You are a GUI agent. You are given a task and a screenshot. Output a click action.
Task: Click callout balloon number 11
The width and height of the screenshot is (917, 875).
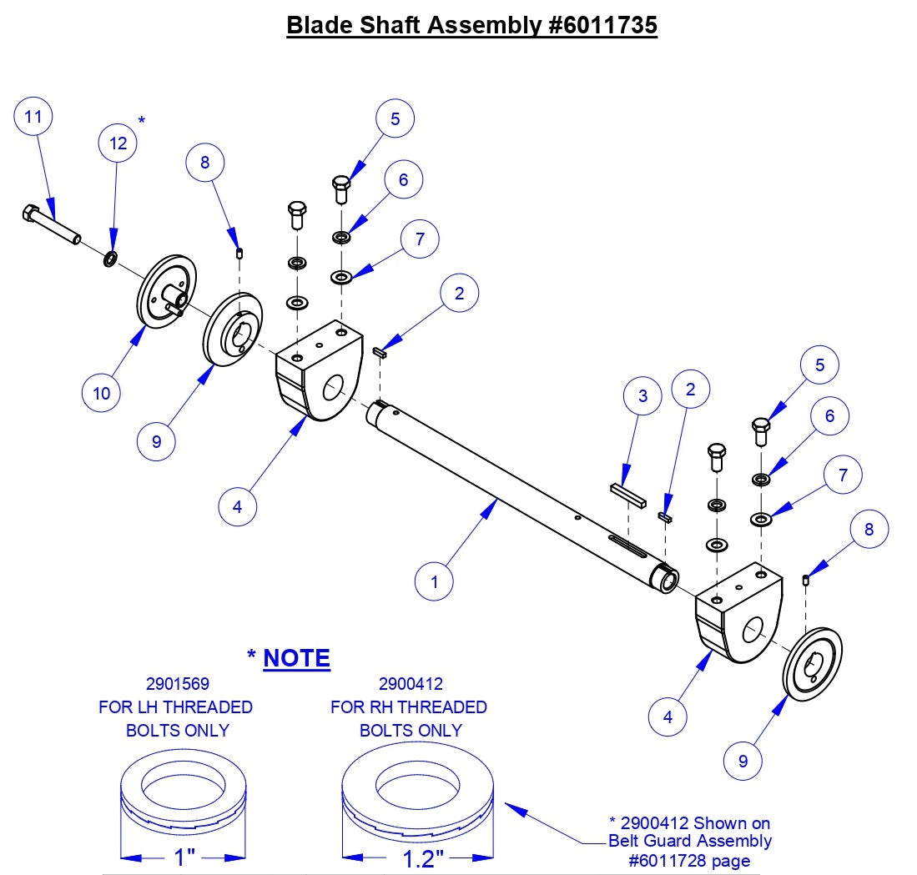click(33, 117)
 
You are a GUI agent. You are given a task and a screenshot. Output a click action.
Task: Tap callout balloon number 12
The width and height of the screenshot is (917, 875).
click(118, 143)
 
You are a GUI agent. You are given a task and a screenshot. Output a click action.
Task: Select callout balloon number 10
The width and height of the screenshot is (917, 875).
click(101, 393)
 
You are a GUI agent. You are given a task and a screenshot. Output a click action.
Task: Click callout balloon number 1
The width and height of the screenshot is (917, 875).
click(435, 581)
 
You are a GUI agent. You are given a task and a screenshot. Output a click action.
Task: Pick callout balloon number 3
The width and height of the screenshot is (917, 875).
click(642, 395)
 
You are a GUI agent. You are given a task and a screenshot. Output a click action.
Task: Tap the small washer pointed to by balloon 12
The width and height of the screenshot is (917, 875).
click(109, 260)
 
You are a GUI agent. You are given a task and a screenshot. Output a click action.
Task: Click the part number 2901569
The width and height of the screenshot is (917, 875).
click(175, 684)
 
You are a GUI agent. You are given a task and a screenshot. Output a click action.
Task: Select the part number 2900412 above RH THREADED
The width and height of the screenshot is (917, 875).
click(411, 684)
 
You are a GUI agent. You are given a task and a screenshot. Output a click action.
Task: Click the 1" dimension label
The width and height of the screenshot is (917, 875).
click(184, 857)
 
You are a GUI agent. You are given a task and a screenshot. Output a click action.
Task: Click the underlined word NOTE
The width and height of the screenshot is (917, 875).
click(297, 658)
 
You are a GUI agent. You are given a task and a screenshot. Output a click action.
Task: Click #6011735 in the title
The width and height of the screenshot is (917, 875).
click(603, 25)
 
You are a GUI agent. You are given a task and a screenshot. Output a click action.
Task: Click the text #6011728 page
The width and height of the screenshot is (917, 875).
click(689, 860)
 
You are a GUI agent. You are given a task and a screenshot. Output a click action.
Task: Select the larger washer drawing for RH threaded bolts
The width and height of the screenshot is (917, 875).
click(420, 801)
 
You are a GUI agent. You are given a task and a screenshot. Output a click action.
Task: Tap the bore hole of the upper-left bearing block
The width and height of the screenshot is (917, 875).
click(333, 386)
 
